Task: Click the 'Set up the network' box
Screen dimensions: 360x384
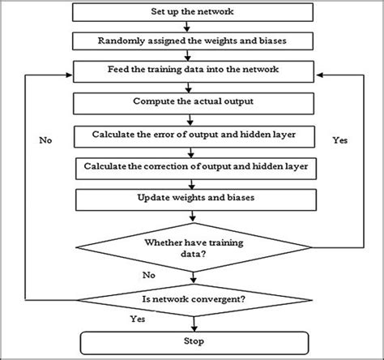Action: click(x=192, y=14)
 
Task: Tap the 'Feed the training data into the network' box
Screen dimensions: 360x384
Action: click(x=192, y=70)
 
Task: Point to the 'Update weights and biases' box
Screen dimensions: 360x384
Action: click(x=192, y=199)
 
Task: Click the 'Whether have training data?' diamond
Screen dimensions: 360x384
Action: click(x=192, y=248)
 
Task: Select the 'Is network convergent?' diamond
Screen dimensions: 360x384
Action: click(x=192, y=299)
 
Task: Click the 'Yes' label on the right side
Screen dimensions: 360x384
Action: click(x=339, y=140)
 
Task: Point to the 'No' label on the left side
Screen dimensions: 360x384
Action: click(x=45, y=140)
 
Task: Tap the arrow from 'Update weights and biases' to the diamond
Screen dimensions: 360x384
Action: click(x=192, y=215)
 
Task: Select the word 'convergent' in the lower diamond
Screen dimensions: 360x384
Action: click(x=212, y=299)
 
